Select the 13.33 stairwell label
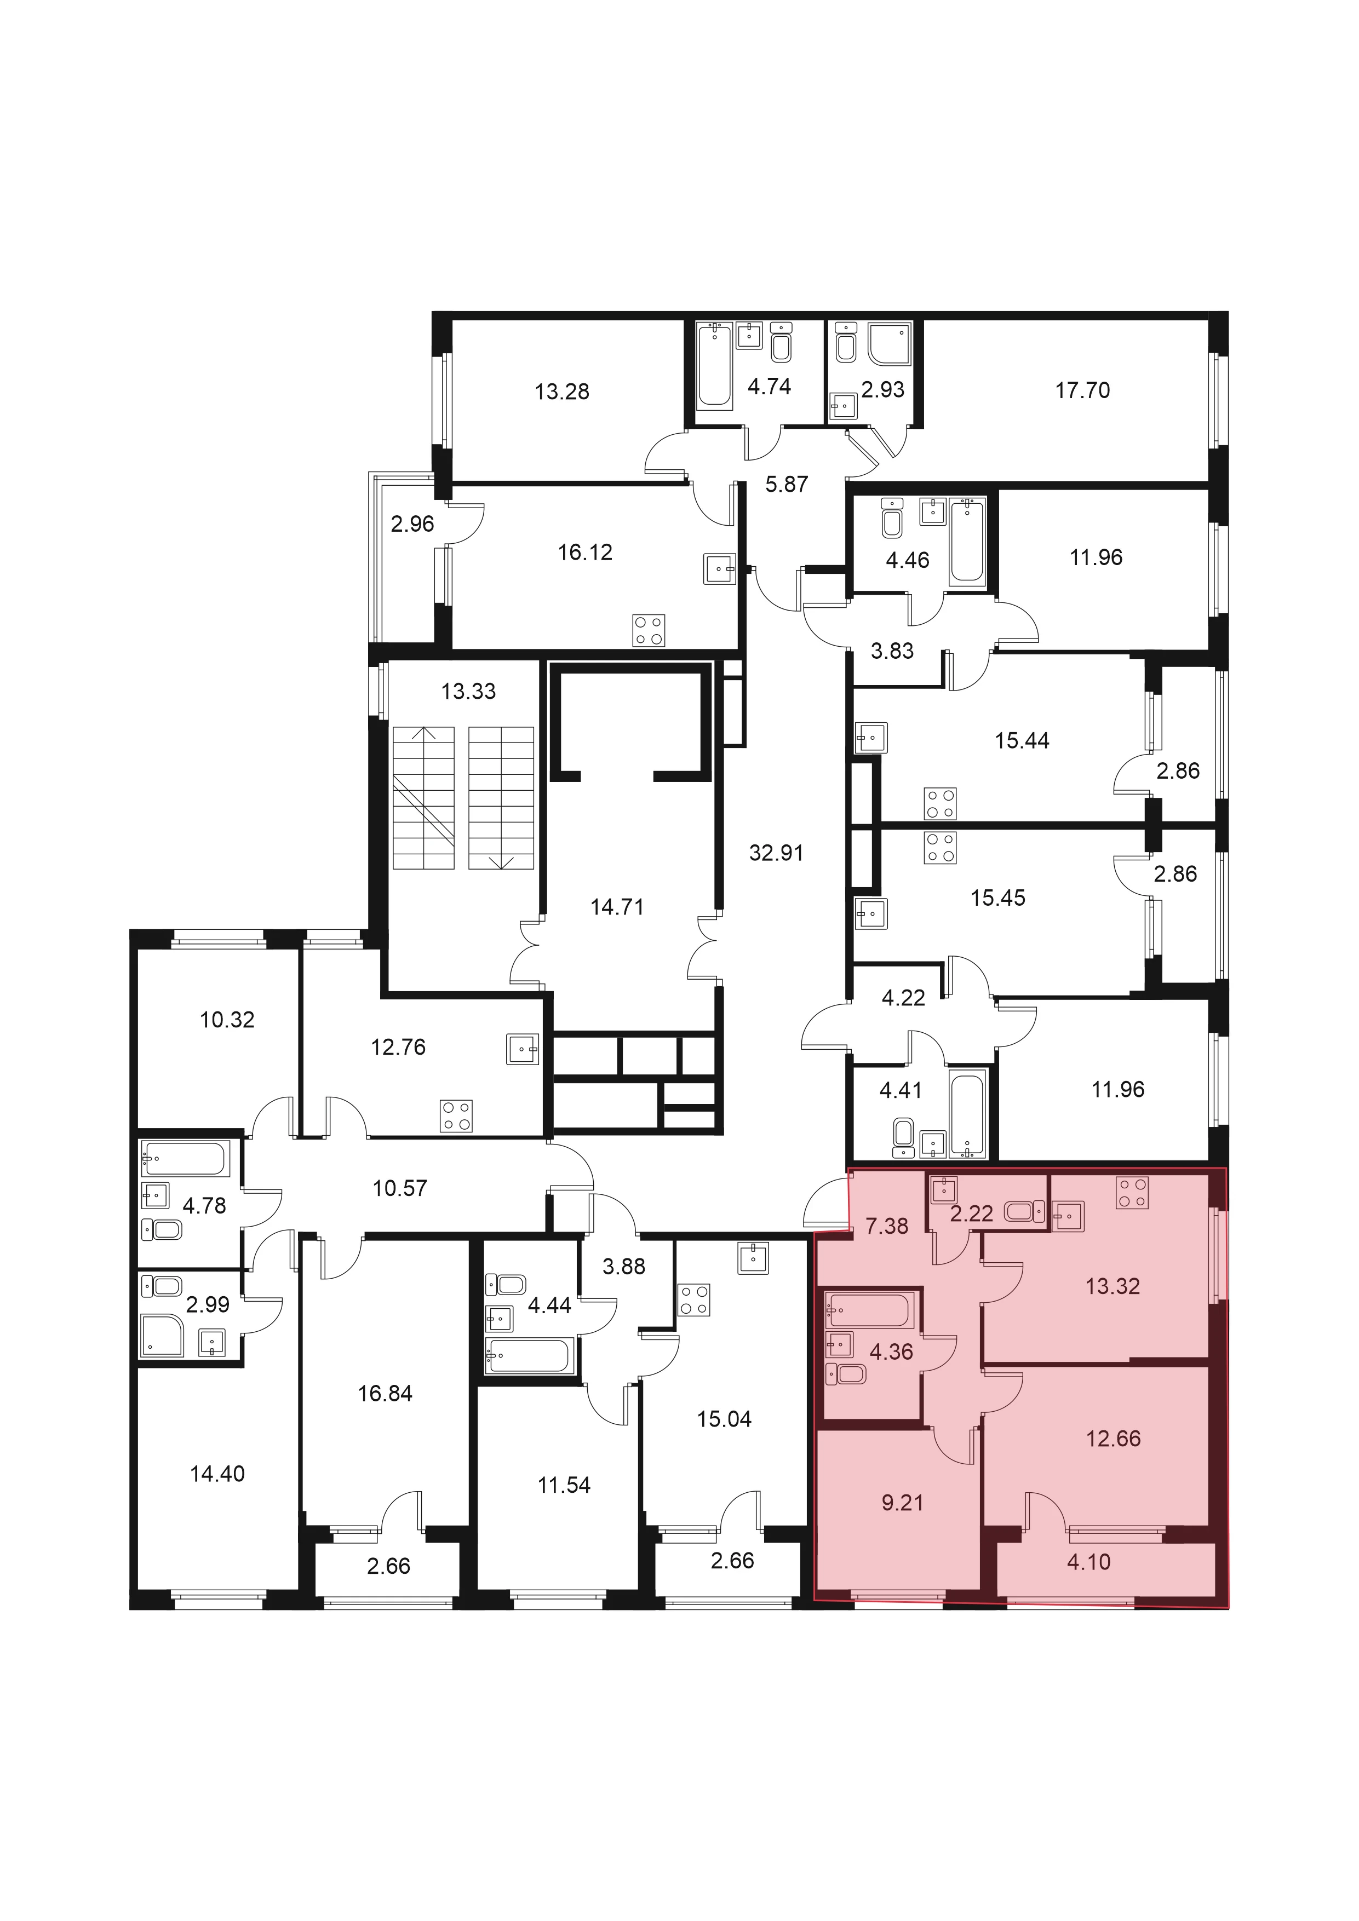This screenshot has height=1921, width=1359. [x=469, y=691]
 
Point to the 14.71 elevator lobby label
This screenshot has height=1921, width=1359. [x=617, y=907]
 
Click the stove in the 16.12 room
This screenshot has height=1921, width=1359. [x=649, y=631]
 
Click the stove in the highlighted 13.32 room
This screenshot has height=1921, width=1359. [x=1132, y=1192]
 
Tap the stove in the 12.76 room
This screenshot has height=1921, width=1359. [x=456, y=1115]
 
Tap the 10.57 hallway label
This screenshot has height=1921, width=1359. [x=400, y=1188]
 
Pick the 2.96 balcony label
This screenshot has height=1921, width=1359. [x=412, y=524]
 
